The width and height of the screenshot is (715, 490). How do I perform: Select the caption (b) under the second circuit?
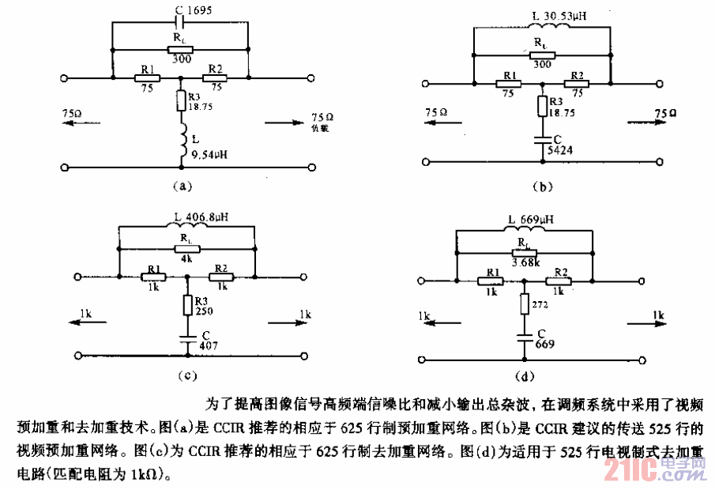coord(542,188)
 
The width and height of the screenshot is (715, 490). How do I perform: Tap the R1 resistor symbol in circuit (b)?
coord(507,83)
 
